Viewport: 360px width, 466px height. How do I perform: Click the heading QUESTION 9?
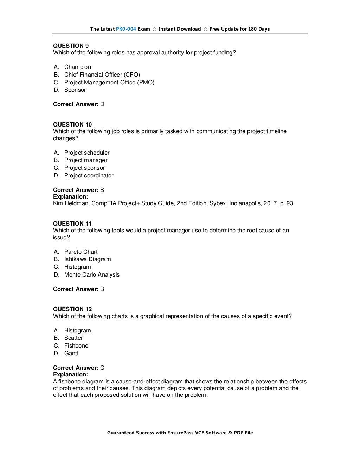tap(71, 46)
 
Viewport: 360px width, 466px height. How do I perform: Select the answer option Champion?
tap(77, 67)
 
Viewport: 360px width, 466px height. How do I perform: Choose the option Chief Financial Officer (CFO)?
tap(102, 75)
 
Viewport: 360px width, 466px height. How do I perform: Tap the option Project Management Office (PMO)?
tap(109, 82)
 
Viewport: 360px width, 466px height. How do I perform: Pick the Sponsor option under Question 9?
tap(75, 90)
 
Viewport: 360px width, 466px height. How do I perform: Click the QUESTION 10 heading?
tap(72, 124)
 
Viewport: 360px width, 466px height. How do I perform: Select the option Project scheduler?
tap(87, 153)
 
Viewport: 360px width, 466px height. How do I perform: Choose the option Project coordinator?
tap(89, 175)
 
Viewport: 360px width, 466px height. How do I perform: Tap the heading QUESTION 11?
tap(72, 224)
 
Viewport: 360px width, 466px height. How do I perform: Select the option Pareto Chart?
tap(81, 252)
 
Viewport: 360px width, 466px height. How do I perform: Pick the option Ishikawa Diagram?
tap(88, 259)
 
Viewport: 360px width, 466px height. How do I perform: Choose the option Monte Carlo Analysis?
tap(92, 274)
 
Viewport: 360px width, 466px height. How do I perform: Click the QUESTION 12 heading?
tap(72, 309)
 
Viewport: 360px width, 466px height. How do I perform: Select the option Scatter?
tap(73, 338)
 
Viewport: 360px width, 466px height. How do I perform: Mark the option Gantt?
tap(71, 353)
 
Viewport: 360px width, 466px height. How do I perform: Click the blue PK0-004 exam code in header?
tap(126, 29)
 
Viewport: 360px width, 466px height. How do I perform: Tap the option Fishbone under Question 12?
tap(76, 345)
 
